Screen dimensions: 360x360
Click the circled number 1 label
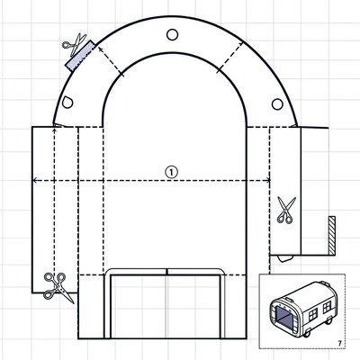pyautogui.click(x=171, y=172)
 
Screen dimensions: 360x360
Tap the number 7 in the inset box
pyautogui.click(x=339, y=344)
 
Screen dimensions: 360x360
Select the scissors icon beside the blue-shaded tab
pyautogui.click(x=75, y=44)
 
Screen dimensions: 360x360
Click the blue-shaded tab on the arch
pyautogui.click(x=80, y=56)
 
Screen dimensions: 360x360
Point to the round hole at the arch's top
pyautogui.click(x=172, y=34)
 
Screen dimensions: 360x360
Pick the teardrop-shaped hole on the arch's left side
pyautogui.click(x=67, y=103)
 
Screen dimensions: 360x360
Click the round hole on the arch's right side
pyautogui.click(x=277, y=104)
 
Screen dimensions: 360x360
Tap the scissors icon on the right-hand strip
pyautogui.click(x=285, y=210)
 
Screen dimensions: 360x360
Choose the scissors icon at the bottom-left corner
pyautogui.click(x=57, y=287)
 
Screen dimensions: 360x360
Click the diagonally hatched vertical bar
pyautogui.click(x=332, y=235)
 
